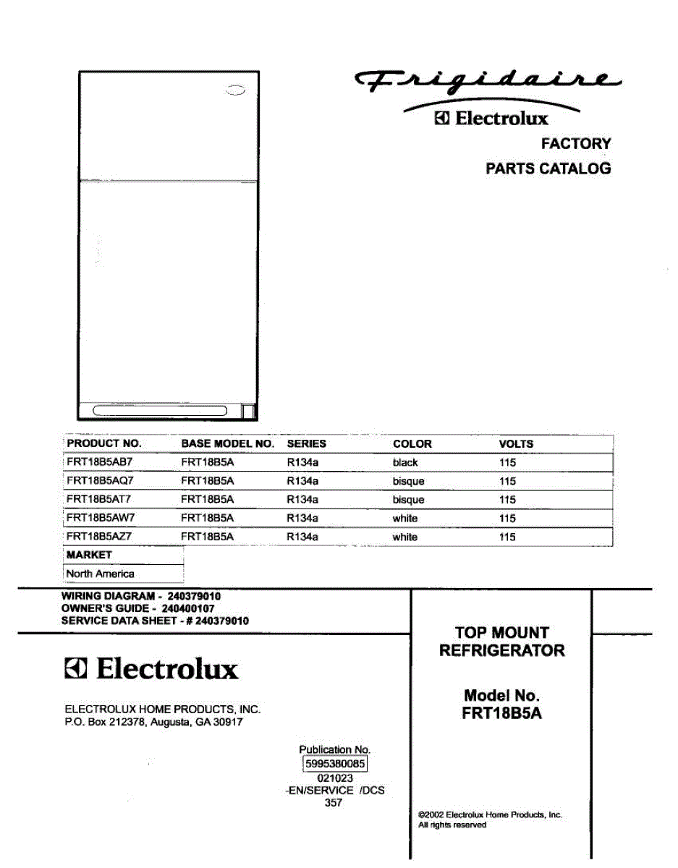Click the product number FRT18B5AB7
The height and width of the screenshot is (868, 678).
click(100, 462)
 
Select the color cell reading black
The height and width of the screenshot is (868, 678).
click(405, 462)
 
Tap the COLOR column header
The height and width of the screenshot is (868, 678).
click(412, 443)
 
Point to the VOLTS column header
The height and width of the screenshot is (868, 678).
click(516, 443)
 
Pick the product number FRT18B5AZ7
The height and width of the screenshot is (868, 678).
click(100, 537)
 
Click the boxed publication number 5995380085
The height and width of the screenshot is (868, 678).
click(334, 764)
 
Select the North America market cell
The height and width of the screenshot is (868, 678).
click(100, 574)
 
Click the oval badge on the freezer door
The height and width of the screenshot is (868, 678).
click(235, 91)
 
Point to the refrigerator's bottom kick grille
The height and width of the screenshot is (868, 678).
click(160, 412)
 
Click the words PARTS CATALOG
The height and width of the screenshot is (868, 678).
click(548, 169)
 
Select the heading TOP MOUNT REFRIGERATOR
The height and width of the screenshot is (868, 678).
click(501, 642)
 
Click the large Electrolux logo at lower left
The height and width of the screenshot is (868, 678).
click(151, 670)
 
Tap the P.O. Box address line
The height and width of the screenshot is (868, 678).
click(153, 722)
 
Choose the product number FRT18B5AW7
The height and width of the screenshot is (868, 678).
click(100, 518)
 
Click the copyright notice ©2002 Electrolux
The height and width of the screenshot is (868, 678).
click(489, 814)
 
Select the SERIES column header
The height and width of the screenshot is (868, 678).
click(306, 443)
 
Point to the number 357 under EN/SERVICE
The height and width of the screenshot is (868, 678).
click(334, 802)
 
